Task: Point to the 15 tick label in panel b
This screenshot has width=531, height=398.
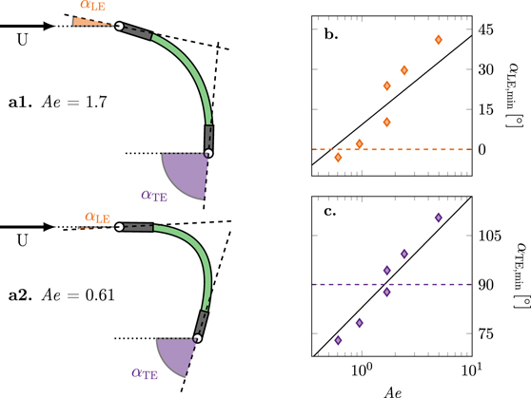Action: click(486, 109)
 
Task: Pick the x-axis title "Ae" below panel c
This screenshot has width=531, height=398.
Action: click(390, 389)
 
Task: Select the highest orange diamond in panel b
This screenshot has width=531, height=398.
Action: click(439, 40)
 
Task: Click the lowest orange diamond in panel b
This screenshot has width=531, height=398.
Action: click(338, 157)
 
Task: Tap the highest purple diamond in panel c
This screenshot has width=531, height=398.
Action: click(439, 218)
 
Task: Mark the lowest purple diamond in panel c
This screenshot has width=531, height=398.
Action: click(338, 340)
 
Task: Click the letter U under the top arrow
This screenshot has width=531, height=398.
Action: click(24, 40)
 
